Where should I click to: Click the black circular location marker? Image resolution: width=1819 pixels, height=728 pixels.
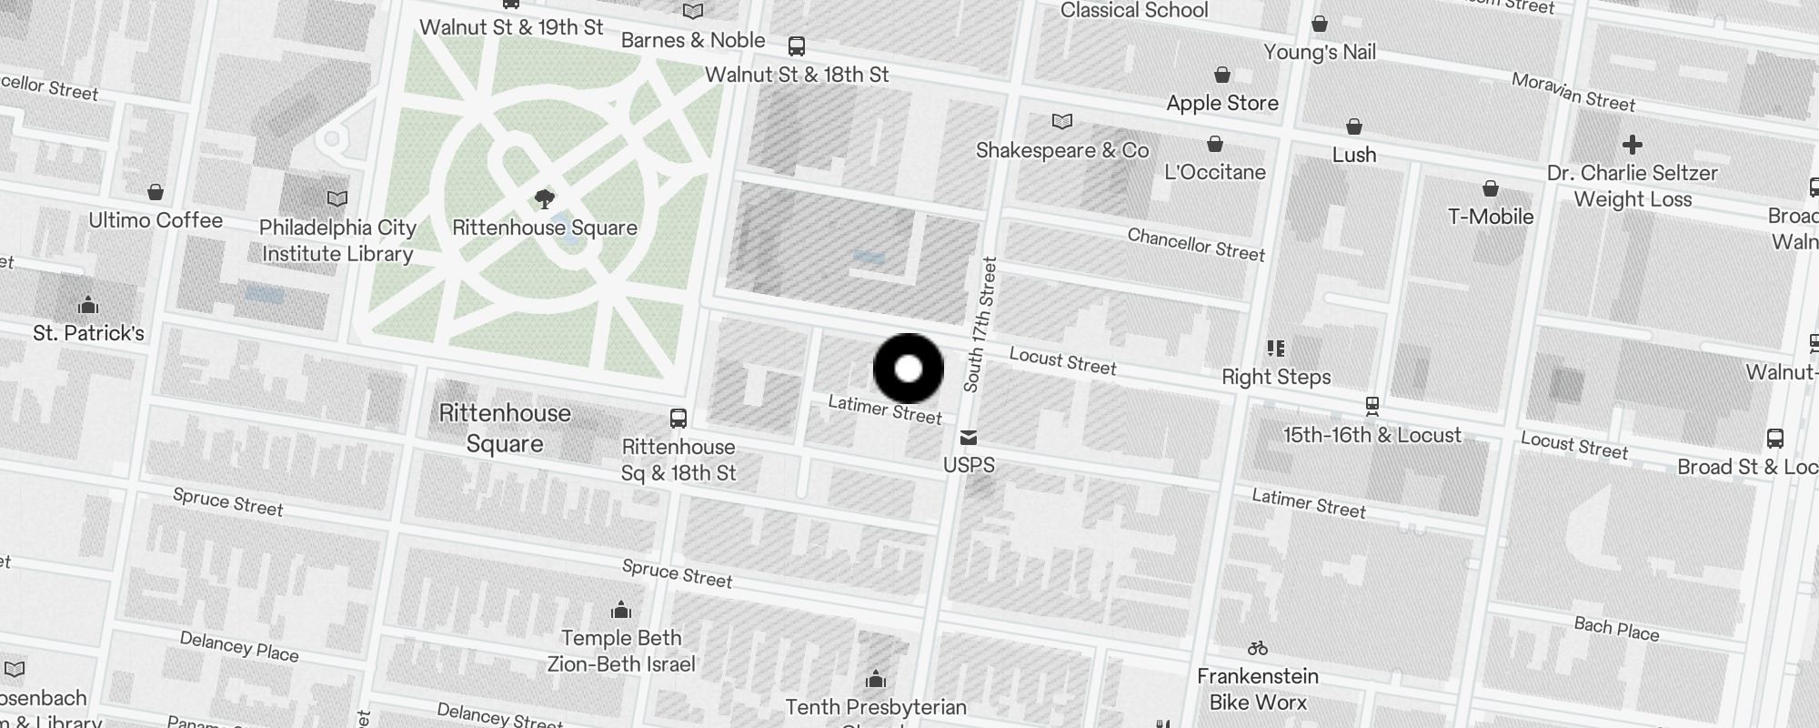click(909, 369)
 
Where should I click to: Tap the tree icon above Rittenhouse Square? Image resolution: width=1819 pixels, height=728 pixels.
click(545, 198)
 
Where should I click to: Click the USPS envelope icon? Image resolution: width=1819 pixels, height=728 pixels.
click(969, 439)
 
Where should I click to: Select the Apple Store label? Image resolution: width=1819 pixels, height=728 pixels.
click(1222, 103)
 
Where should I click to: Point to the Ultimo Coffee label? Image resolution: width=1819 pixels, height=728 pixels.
click(156, 220)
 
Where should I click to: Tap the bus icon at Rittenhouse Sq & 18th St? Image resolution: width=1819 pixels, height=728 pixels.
click(678, 419)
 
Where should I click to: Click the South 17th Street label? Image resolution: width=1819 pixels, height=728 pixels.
click(980, 325)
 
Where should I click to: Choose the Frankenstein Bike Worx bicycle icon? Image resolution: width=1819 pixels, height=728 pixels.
click(1258, 649)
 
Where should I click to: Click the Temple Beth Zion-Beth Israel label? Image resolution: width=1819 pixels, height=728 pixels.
click(621, 651)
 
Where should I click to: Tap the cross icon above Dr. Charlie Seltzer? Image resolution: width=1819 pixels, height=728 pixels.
click(1633, 145)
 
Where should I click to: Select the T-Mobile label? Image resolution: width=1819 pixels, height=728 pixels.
click(1491, 217)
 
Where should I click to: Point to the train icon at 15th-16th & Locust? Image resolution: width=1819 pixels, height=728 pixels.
click(1372, 406)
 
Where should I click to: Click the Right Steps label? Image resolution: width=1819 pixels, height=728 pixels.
click(1276, 377)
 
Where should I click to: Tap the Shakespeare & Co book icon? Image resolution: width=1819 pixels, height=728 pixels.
click(1062, 121)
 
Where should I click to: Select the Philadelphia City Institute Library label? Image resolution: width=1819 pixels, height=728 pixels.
click(337, 240)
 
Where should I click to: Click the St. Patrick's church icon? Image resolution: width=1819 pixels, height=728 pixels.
click(88, 304)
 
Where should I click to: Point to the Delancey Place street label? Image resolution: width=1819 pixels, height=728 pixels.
click(239, 646)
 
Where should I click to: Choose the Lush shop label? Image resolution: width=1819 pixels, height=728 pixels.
click(1354, 155)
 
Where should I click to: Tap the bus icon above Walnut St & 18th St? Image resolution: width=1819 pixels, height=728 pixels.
click(797, 45)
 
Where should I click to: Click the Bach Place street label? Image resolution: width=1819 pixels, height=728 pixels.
click(1616, 629)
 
